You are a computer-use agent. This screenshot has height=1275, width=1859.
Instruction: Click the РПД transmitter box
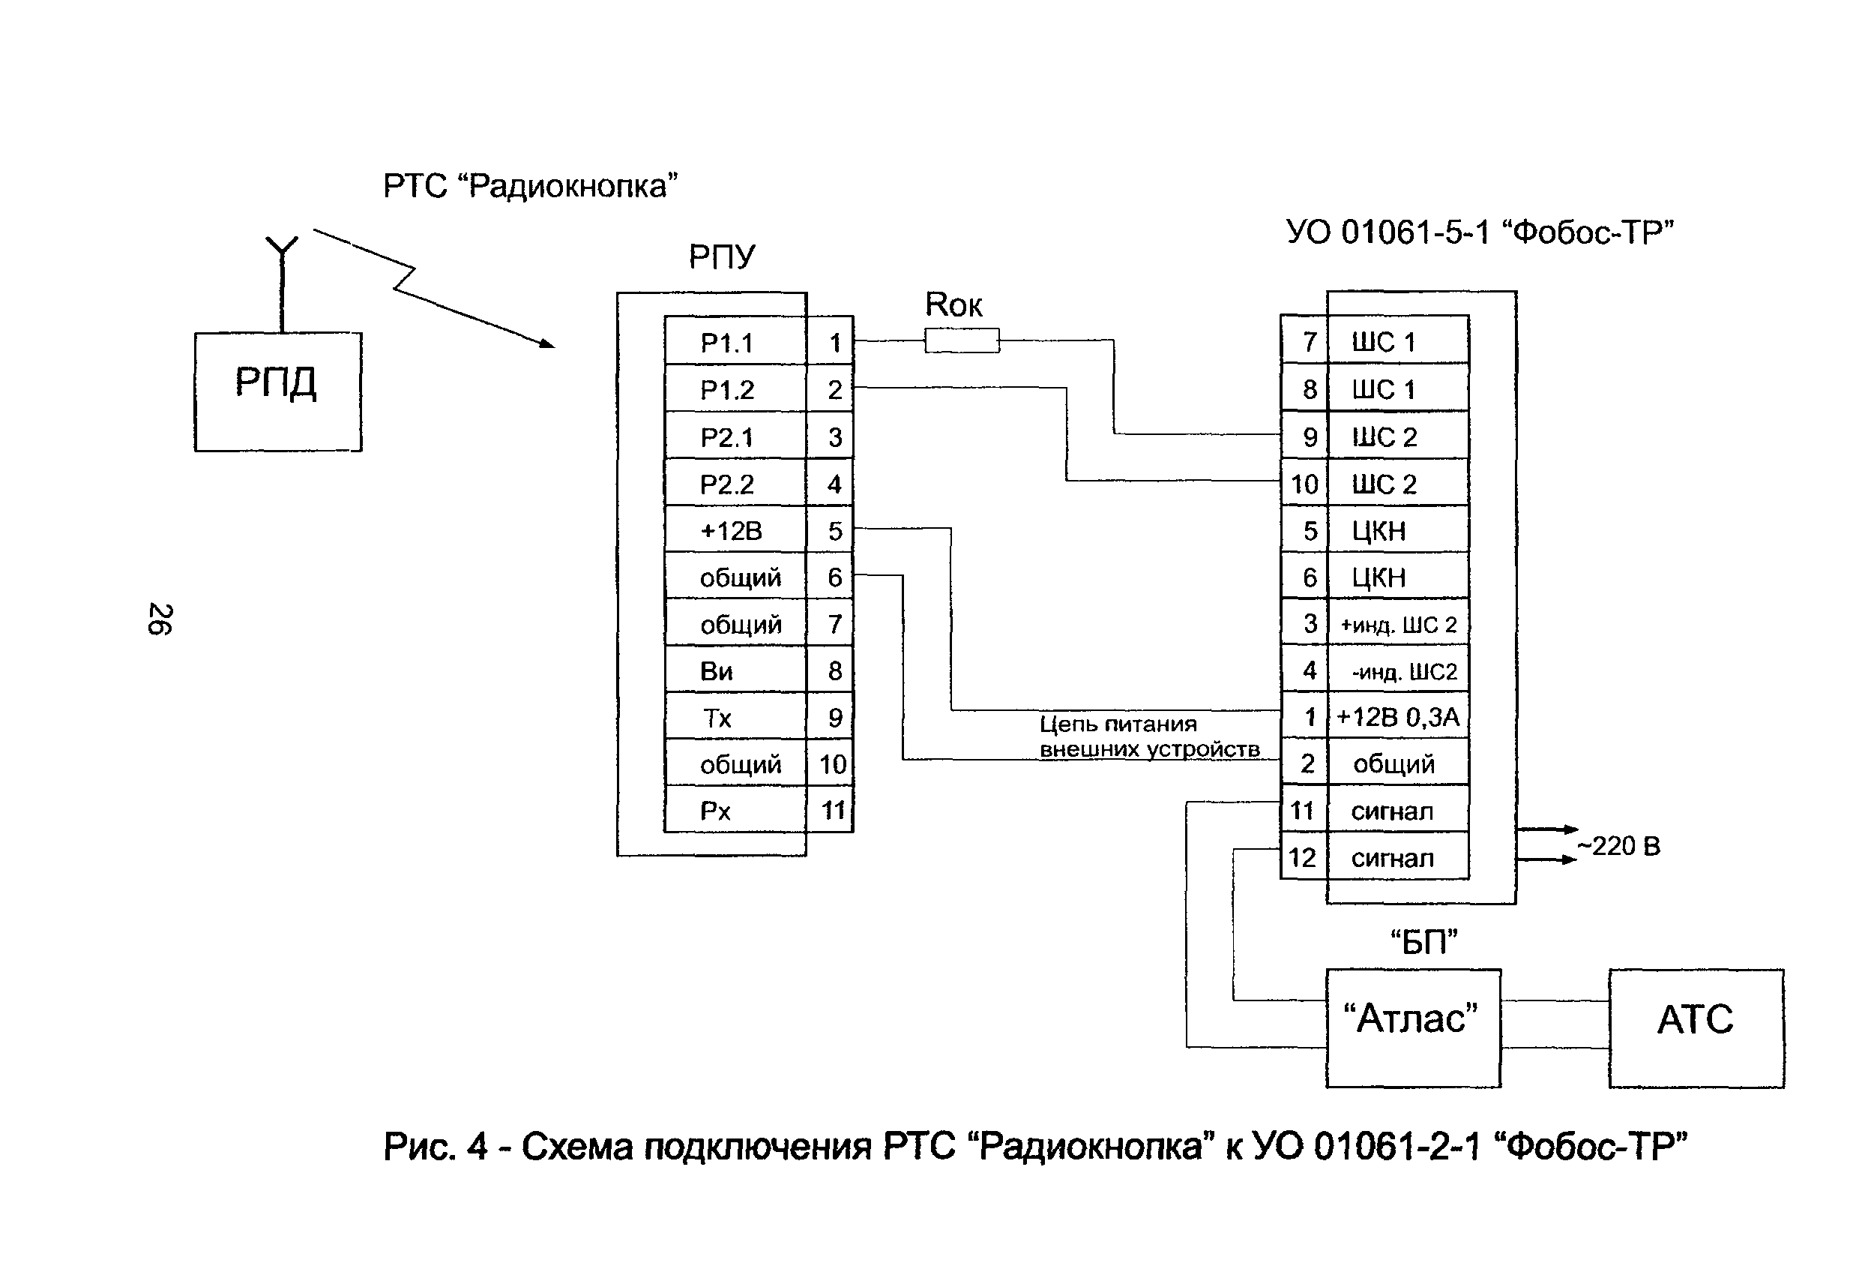pyautogui.click(x=277, y=391)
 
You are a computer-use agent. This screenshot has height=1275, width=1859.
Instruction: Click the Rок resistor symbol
pyautogui.click(x=962, y=340)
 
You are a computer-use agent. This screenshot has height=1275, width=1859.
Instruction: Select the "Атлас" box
pyautogui.click(x=1413, y=1028)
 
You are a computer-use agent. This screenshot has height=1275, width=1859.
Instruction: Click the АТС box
pyautogui.click(x=1696, y=1028)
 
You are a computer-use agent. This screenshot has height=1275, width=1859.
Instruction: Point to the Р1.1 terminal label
pyautogui.click(x=727, y=343)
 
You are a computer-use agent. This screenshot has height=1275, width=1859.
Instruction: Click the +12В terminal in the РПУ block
pyautogui.click(x=731, y=532)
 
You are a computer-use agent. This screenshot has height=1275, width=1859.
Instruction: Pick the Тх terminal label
pyautogui.click(x=717, y=718)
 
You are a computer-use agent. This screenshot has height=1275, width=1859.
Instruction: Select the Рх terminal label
pyautogui.click(x=716, y=811)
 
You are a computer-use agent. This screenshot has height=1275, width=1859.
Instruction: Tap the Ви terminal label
pyautogui.click(x=717, y=671)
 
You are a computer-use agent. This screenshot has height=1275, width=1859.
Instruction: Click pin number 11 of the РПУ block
pyautogui.click(x=834, y=811)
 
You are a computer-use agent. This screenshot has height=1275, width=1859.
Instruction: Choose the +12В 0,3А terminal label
pyautogui.click(x=1397, y=717)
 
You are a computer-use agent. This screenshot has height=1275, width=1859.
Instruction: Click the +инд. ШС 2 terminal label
pyautogui.click(x=1398, y=624)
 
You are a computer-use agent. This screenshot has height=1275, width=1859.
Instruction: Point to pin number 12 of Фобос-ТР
pyautogui.click(x=1302, y=857)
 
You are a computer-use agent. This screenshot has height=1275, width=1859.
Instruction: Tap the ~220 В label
pyautogui.click(x=1618, y=846)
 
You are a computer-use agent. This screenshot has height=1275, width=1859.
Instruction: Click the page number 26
pyautogui.click(x=160, y=619)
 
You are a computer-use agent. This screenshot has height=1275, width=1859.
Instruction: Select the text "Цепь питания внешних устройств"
pyautogui.click(x=1148, y=736)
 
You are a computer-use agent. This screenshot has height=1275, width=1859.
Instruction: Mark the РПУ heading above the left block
pyautogui.click(x=722, y=257)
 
